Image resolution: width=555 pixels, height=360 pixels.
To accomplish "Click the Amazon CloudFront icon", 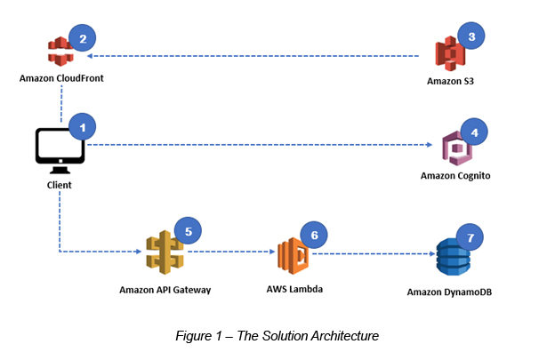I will pyautogui.click(x=61, y=53).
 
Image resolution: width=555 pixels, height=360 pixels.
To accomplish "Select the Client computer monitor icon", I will pyautogui.click(x=60, y=148).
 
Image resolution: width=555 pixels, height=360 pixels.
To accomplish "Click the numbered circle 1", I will pyautogui.click(x=83, y=127).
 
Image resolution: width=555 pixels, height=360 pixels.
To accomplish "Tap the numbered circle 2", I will pyautogui.click(x=83, y=38).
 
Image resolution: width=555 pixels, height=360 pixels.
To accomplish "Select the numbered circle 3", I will pyautogui.click(x=471, y=37).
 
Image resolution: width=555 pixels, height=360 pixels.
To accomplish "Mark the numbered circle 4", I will pyautogui.click(x=475, y=132).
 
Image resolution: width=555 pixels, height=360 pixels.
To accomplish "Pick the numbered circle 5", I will pyautogui.click(x=189, y=230).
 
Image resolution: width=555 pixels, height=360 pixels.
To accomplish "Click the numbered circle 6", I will pyautogui.click(x=314, y=236).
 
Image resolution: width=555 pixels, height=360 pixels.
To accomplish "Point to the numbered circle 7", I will pyautogui.click(x=471, y=238).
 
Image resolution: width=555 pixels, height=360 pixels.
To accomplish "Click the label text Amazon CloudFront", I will pyautogui.click(x=61, y=78).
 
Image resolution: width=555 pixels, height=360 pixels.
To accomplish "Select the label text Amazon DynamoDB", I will pyautogui.click(x=450, y=291).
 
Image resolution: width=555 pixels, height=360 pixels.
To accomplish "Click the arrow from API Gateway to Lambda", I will pyautogui.click(x=229, y=252).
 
